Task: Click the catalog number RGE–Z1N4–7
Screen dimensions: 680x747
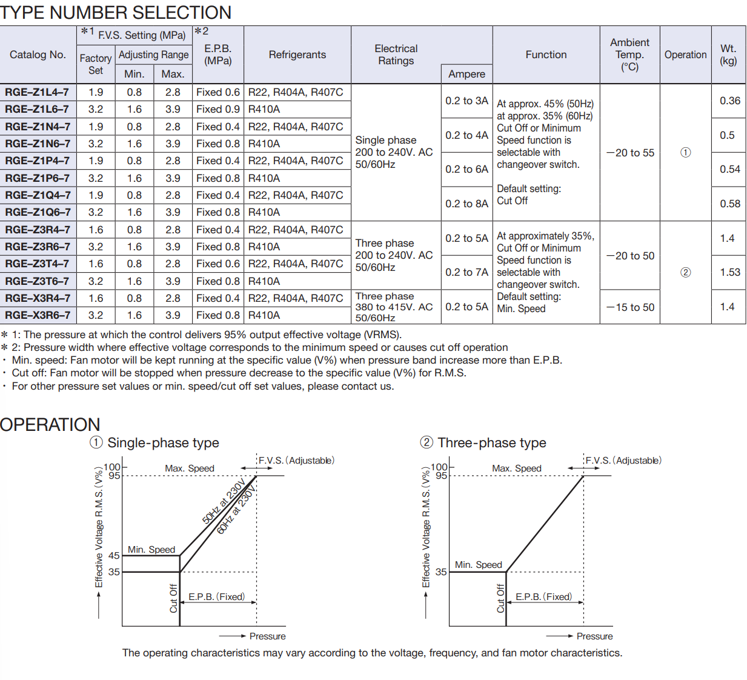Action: click(x=38, y=127)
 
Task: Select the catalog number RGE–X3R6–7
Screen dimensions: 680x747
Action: click(x=38, y=315)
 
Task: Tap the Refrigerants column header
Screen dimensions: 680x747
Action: click(x=297, y=55)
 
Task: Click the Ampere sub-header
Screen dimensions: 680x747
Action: click(x=466, y=74)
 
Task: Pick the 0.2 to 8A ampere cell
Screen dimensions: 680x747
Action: click(x=466, y=204)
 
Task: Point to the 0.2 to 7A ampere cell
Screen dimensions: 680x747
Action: click(x=466, y=272)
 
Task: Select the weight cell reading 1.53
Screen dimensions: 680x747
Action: click(x=730, y=272)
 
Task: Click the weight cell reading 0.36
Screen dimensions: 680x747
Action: click(x=730, y=101)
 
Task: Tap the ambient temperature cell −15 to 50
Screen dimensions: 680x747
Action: click(x=630, y=307)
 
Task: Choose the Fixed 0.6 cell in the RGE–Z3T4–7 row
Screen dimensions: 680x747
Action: click(x=218, y=264)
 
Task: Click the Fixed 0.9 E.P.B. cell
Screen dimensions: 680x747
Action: click(x=218, y=109)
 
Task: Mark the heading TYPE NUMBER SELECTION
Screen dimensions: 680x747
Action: click(x=116, y=12)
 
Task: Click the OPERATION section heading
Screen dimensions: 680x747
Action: click(x=50, y=424)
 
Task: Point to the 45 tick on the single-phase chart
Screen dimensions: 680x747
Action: click(x=114, y=555)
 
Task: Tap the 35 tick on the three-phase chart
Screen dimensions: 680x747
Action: click(x=441, y=572)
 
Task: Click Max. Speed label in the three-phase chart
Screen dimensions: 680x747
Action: click(x=517, y=468)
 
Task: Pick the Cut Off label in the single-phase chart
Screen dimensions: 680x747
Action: click(x=173, y=598)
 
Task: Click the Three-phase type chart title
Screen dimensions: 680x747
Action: click(x=491, y=442)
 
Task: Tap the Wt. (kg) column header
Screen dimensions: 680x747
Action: click(x=728, y=55)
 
